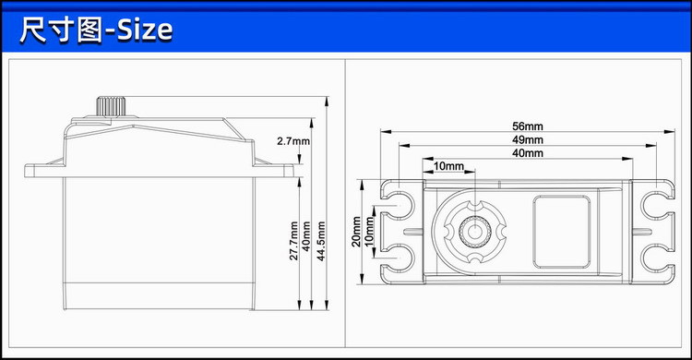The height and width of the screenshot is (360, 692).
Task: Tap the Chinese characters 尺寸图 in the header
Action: pos(57,30)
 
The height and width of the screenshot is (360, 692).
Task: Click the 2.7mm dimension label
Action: pos(293,141)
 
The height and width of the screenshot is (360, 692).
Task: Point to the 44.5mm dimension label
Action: pos(320,240)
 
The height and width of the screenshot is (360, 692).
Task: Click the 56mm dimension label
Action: pos(527,126)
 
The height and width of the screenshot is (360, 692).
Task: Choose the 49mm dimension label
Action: pos(527,139)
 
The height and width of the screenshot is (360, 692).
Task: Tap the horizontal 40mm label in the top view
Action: pos(527,152)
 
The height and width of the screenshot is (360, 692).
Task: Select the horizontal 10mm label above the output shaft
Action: pos(448,165)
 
